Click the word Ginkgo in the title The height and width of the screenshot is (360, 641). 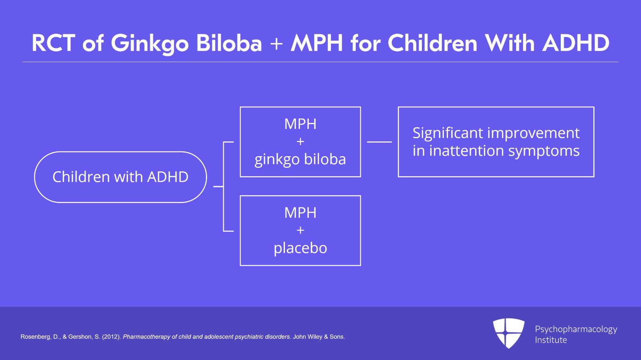point(149,44)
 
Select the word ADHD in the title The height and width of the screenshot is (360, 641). point(576,43)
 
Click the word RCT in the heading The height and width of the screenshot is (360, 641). point(53,43)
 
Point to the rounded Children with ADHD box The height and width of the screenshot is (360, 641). point(120,177)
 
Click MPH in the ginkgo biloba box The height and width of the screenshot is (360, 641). point(300,124)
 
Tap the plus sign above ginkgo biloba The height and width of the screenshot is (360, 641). point(300,142)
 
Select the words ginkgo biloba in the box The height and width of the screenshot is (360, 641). point(300,159)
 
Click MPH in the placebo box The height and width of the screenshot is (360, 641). point(300,213)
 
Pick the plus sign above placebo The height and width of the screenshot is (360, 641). point(300,231)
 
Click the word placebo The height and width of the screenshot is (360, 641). point(300,248)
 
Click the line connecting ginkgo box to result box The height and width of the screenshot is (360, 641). point(379,142)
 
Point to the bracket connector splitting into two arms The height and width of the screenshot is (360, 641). point(224,187)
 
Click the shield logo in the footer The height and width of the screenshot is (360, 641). point(508,333)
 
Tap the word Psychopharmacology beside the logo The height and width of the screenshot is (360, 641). point(576,329)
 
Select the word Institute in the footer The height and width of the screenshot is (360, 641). point(550,340)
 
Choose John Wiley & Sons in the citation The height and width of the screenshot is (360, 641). point(318,337)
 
